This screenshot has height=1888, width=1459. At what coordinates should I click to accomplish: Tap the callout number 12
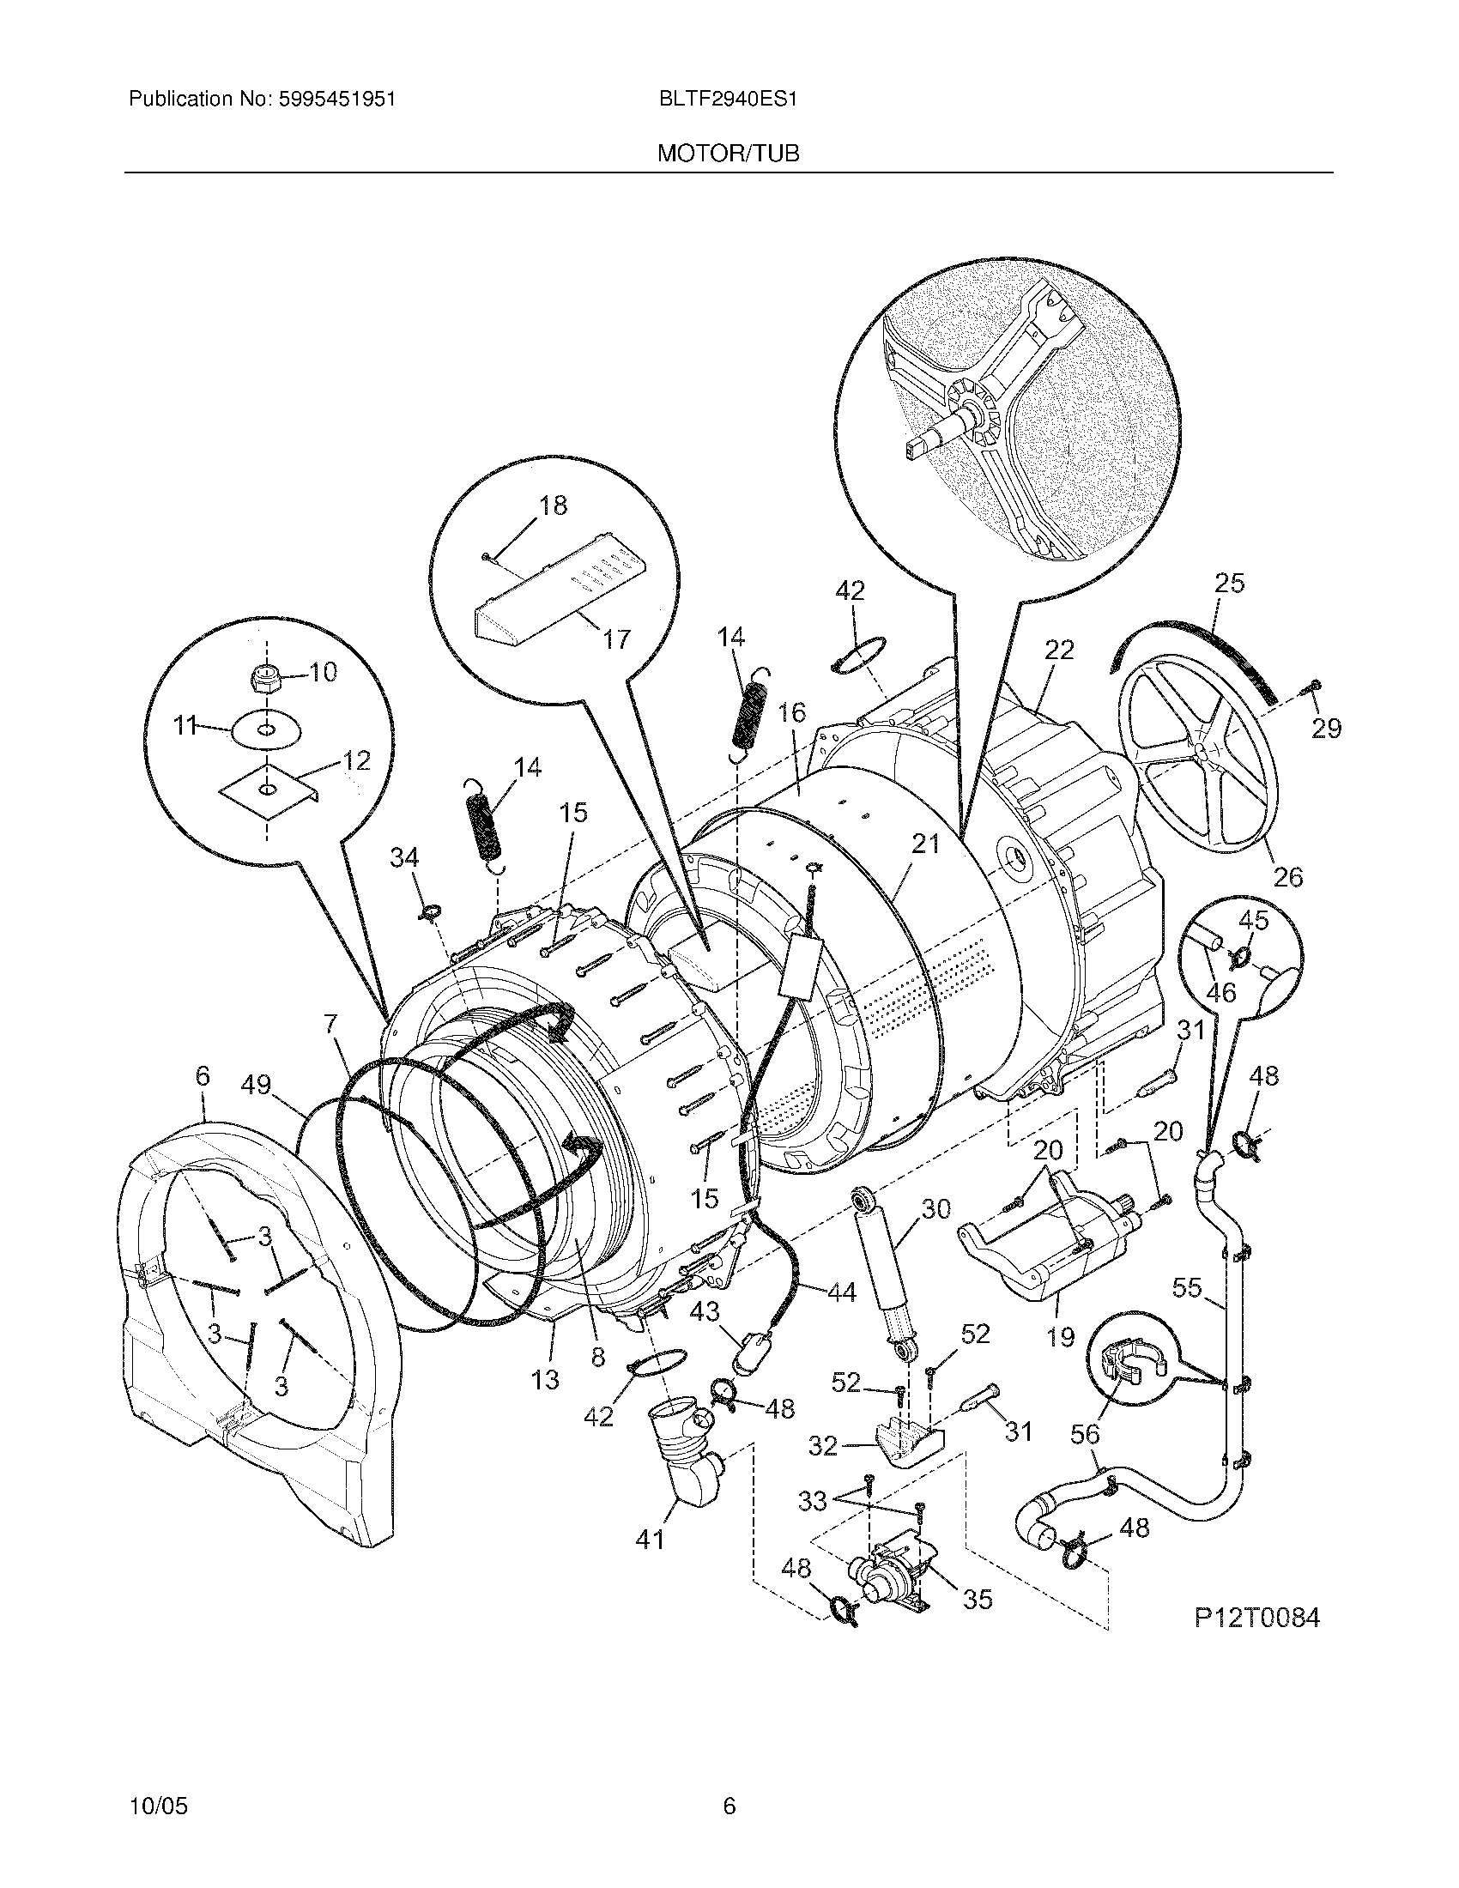coord(356,760)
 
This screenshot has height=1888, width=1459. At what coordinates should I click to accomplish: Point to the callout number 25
coord(1229,584)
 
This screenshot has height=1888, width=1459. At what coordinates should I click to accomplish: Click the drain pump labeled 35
coord(890,1584)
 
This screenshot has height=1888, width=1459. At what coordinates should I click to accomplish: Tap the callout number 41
coord(650,1540)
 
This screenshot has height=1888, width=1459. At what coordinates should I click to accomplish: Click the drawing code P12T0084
coord(1257,1618)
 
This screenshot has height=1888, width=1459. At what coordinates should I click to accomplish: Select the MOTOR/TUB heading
coord(729,154)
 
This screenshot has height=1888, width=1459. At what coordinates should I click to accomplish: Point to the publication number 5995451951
coord(337,100)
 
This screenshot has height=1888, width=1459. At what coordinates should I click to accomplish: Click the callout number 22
coord(1059,650)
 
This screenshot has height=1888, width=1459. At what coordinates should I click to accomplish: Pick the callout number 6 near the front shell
coord(202,1076)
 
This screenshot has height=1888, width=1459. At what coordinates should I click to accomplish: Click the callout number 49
coord(257,1085)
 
